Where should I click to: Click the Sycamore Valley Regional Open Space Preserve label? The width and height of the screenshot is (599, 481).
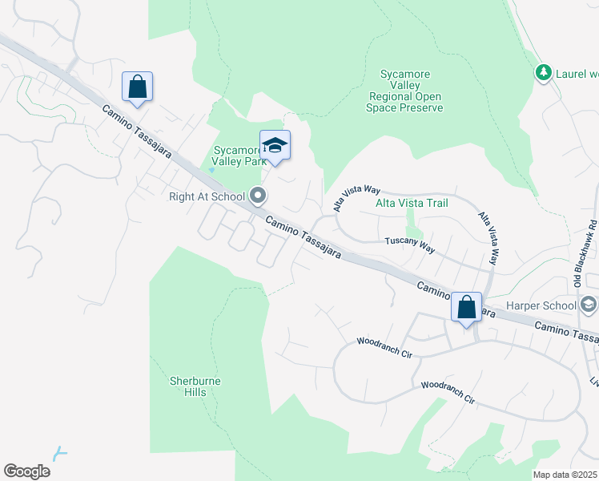pyautogui.click(x=405, y=91)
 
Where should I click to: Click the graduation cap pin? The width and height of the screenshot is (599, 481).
pyautogui.click(x=275, y=146)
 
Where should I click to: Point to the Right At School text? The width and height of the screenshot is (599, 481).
pyautogui.click(x=207, y=195)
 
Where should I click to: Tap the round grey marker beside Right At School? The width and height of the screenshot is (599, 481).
pyautogui.click(x=258, y=195)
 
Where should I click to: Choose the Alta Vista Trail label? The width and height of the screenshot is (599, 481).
pyautogui.click(x=412, y=203)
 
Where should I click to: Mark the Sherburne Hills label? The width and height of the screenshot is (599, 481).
pyautogui.click(x=195, y=386)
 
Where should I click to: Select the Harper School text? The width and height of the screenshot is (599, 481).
pyautogui.click(x=541, y=305)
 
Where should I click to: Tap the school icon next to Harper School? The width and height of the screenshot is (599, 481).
pyautogui.click(x=589, y=304)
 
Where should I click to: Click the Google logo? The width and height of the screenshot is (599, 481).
pyautogui.click(x=26, y=471)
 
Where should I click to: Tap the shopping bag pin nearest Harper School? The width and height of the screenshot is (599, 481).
pyautogui.click(x=466, y=307)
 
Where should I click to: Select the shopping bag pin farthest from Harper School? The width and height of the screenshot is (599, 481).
pyautogui.click(x=137, y=87)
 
